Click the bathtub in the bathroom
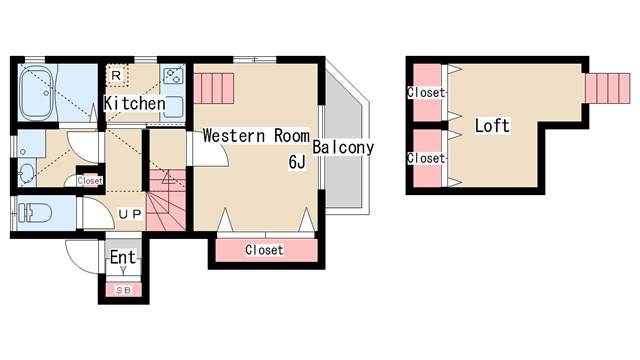coord(37,93)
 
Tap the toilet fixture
coord(36,213)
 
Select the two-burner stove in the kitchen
coord(173,76)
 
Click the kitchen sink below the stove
coord(173,107)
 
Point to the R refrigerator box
coord(117,75)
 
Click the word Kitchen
coord(135,103)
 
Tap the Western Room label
coord(256,136)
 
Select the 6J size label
coord(297,162)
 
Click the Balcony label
coord(343,147)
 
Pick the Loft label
coord(492,125)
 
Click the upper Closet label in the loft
coord(426,92)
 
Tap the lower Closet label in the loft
coord(426,158)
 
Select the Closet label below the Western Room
coord(264,250)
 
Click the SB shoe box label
coord(123,290)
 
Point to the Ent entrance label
coord(123,257)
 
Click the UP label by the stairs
coord(130,214)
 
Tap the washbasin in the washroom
coord(27,172)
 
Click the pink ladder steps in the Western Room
coord(213,88)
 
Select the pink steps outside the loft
coord(608,88)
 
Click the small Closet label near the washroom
coord(90,180)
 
